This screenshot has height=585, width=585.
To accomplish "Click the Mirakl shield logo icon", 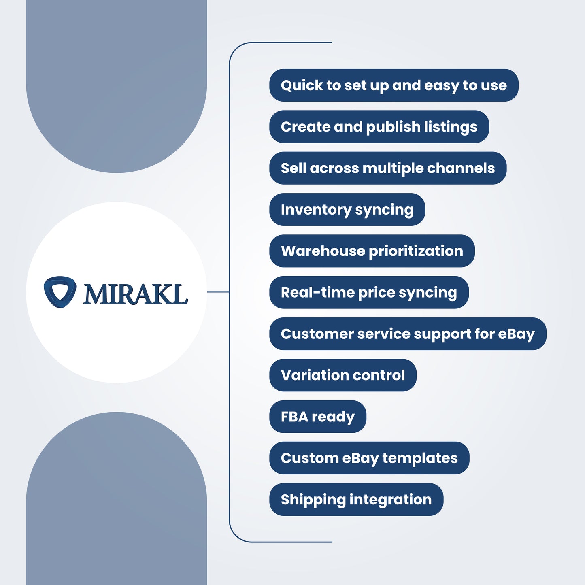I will coord(60,292).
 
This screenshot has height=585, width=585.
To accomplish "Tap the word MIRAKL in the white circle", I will coord(135,294).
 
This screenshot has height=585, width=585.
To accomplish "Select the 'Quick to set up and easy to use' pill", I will coord(394,85).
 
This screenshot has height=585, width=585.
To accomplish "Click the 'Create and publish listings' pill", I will coord(379,127).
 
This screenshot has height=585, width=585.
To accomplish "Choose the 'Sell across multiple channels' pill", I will coord(387,168).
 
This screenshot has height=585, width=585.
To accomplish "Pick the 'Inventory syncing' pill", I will coord(347,210).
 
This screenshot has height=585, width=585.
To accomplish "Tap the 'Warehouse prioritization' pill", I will coord(372,251).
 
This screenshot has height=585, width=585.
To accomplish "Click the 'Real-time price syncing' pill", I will coord(369,292).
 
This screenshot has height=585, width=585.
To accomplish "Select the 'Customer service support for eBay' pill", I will coord(408,334).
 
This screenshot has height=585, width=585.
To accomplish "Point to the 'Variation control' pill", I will coord(342,375).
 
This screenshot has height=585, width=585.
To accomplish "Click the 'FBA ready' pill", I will coord(317,417).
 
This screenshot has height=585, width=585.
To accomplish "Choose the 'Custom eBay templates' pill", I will coord(369,458).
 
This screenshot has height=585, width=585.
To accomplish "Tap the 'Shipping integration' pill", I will coord(356,500).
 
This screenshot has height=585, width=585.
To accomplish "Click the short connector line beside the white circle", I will coord(218,292).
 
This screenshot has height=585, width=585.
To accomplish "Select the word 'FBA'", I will coord(294,417).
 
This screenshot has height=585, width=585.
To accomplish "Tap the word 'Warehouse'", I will coord(323,251).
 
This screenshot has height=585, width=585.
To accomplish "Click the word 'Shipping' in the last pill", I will coord(313,500).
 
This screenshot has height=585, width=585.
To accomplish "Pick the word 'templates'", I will coord(420,458).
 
